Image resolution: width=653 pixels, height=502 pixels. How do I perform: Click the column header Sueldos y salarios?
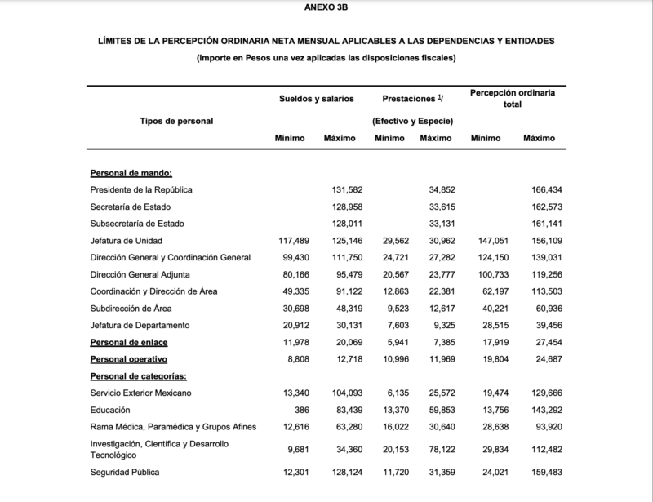(x=316, y=98)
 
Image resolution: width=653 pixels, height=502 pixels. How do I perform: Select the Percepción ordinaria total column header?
(x=513, y=99)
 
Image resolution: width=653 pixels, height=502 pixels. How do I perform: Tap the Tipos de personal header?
(x=176, y=121)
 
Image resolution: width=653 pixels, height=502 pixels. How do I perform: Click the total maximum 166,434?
(x=546, y=189)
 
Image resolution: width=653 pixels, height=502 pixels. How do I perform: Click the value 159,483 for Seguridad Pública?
(x=546, y=473)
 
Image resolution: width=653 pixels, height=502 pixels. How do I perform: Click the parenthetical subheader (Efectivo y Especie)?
(x=412, y=121)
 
